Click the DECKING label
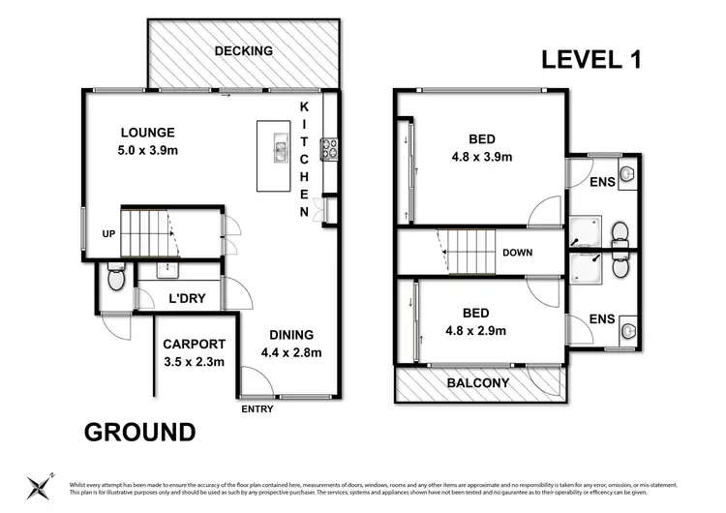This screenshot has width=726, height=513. [244, 51]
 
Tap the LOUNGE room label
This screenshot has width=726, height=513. [147, 133]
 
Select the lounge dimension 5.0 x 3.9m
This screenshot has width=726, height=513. [147, 150]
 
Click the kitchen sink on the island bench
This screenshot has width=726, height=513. [280, 149]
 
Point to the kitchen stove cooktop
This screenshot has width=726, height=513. [328, 148]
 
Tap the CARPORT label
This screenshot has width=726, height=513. [194, 344]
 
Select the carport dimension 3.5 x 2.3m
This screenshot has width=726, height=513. [194, 362]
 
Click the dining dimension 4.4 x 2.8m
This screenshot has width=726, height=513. [290, 352]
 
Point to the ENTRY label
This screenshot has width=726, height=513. [257, 408]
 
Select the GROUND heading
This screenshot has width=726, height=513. [139, 432]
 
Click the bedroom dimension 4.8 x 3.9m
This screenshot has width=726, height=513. [481, 156]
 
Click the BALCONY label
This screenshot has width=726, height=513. [479, 383]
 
